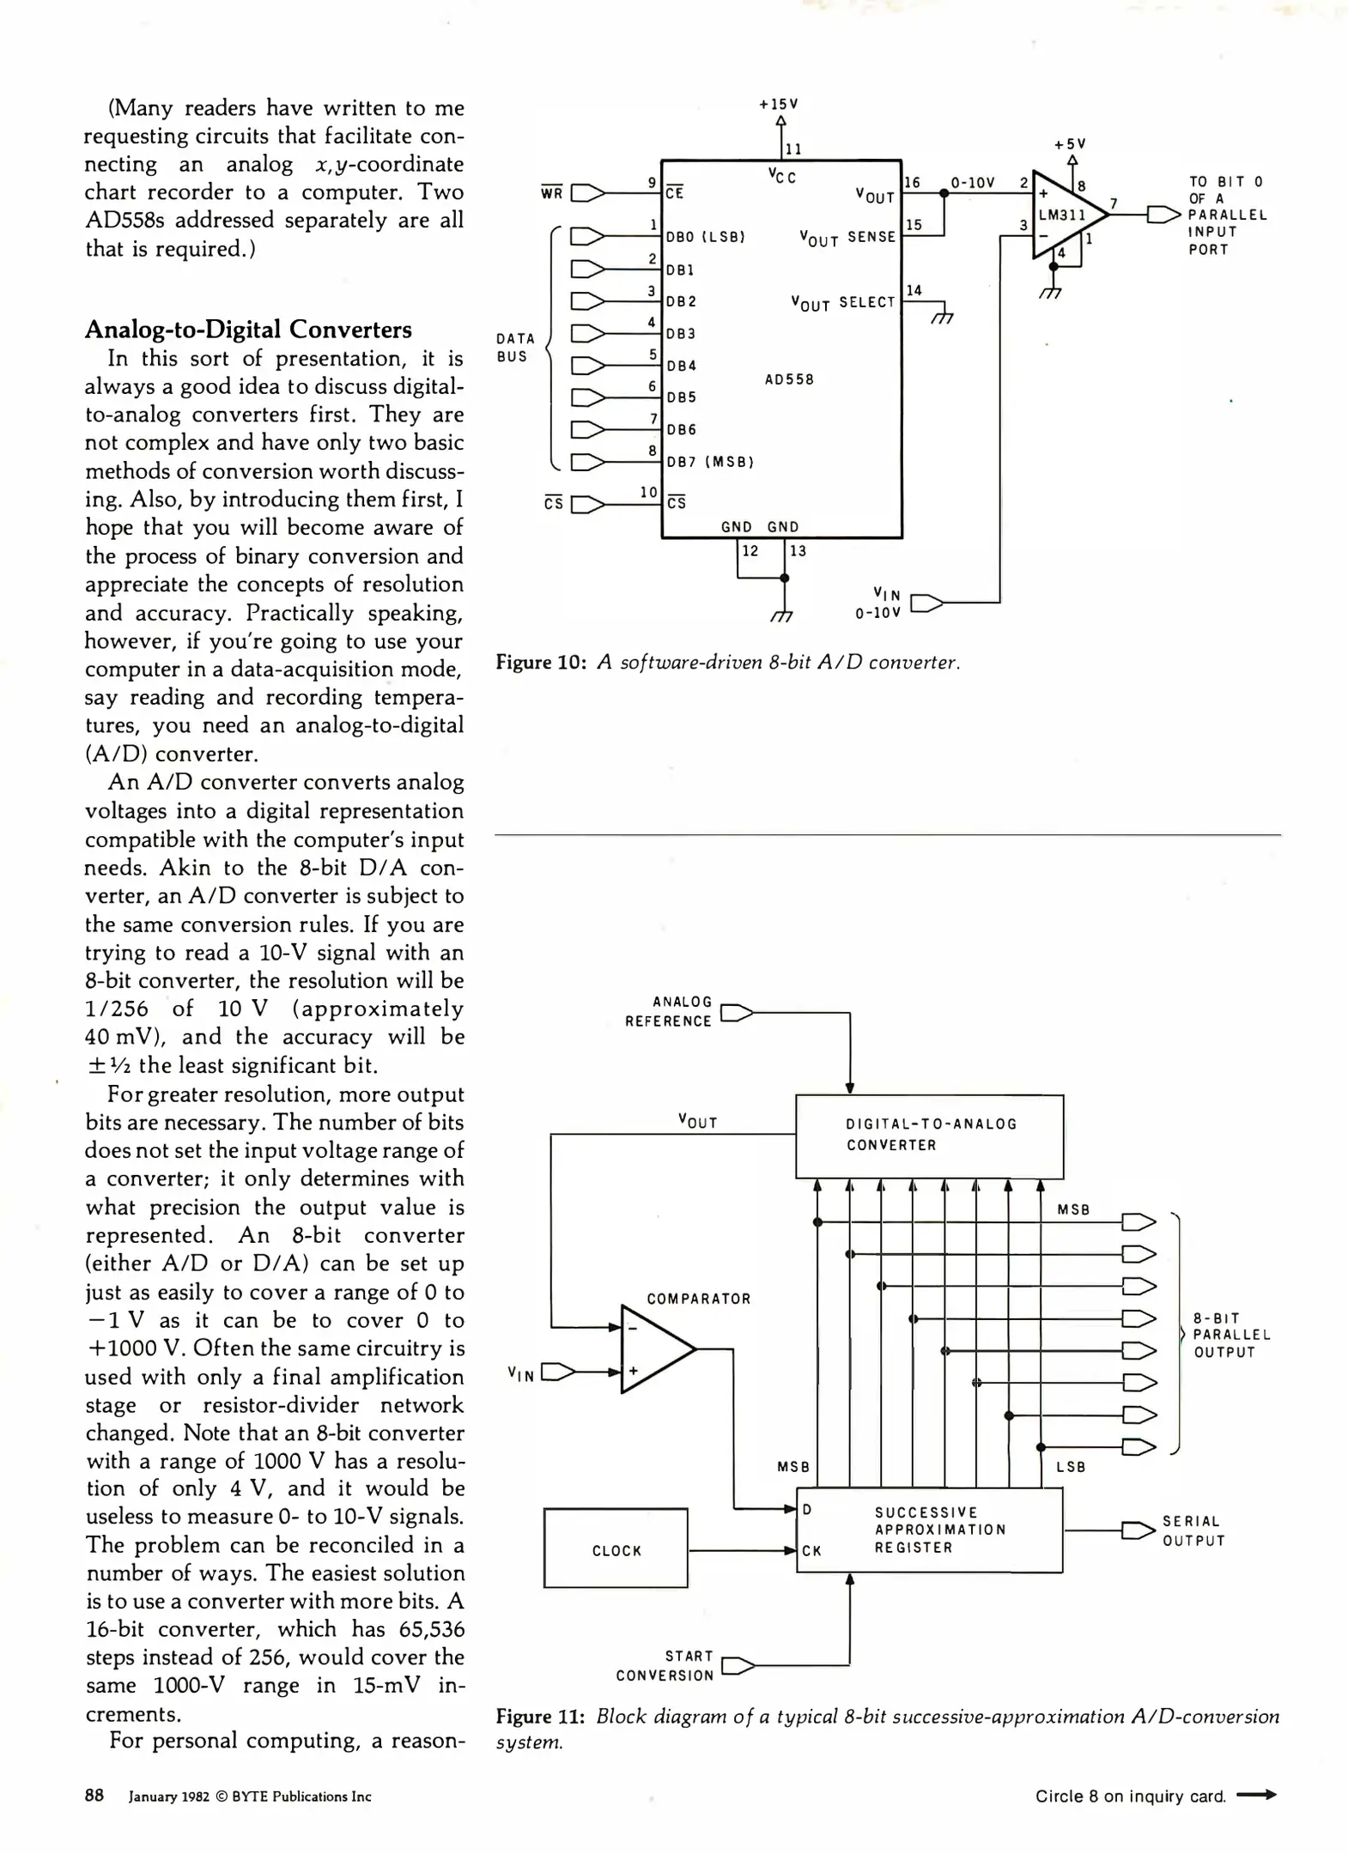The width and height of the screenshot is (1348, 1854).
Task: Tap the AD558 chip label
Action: coord(789,379)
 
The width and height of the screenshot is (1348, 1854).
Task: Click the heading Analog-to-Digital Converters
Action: coord(248,330)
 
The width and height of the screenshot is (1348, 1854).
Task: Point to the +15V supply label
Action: coord(779,104)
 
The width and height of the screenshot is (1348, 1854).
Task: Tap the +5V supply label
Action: coord(1071,144)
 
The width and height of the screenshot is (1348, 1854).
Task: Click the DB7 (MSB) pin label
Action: coord(710,462)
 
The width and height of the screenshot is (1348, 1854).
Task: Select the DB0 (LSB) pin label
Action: coord(705,237)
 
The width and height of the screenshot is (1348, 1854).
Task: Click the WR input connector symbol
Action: coord(588,193)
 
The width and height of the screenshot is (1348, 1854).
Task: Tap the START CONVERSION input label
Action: coord(665,1665)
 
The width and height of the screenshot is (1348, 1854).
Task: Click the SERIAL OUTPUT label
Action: coord(1193,1530)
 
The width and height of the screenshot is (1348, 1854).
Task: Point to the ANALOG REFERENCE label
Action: coord(669,1011)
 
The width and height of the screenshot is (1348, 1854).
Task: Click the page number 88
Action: coord(94,1795)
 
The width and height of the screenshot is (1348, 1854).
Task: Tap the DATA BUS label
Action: coord(515,348)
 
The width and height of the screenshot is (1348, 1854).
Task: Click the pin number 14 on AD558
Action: coord(914,291)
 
